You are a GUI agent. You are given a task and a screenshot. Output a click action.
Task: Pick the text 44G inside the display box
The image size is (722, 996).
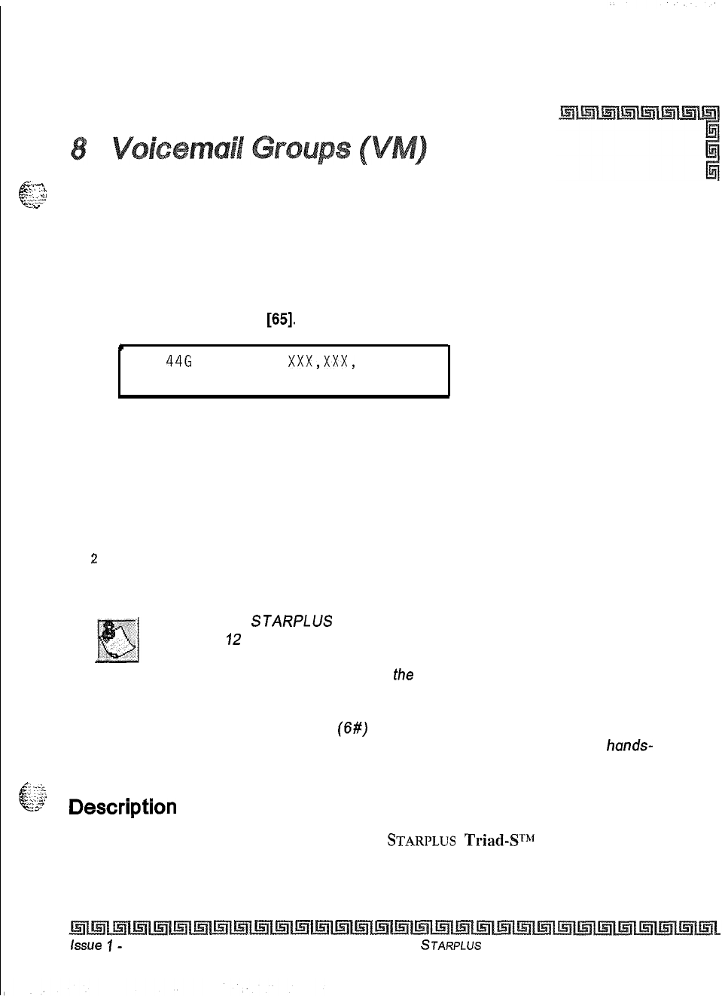pos(178,362)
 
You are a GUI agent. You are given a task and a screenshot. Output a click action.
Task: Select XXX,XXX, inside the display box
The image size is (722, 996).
pos(321,362)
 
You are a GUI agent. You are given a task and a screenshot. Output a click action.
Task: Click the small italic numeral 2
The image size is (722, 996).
pos(93,558)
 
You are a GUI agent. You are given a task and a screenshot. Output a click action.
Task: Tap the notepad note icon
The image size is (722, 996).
pos(117,640)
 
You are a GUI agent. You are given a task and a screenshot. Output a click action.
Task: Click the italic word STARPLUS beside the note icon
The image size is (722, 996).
pos(291,622)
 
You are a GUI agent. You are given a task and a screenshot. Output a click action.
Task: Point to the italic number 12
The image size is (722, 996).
pos(233,640)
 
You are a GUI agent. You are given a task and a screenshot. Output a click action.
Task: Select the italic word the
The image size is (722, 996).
pos(403,675)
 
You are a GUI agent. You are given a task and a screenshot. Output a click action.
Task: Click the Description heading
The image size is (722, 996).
pos(123,807)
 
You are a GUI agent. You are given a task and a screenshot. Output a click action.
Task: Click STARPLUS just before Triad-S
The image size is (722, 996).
pos(421,841)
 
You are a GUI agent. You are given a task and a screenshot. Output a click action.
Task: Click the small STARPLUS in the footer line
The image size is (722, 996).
pos(451,946)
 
